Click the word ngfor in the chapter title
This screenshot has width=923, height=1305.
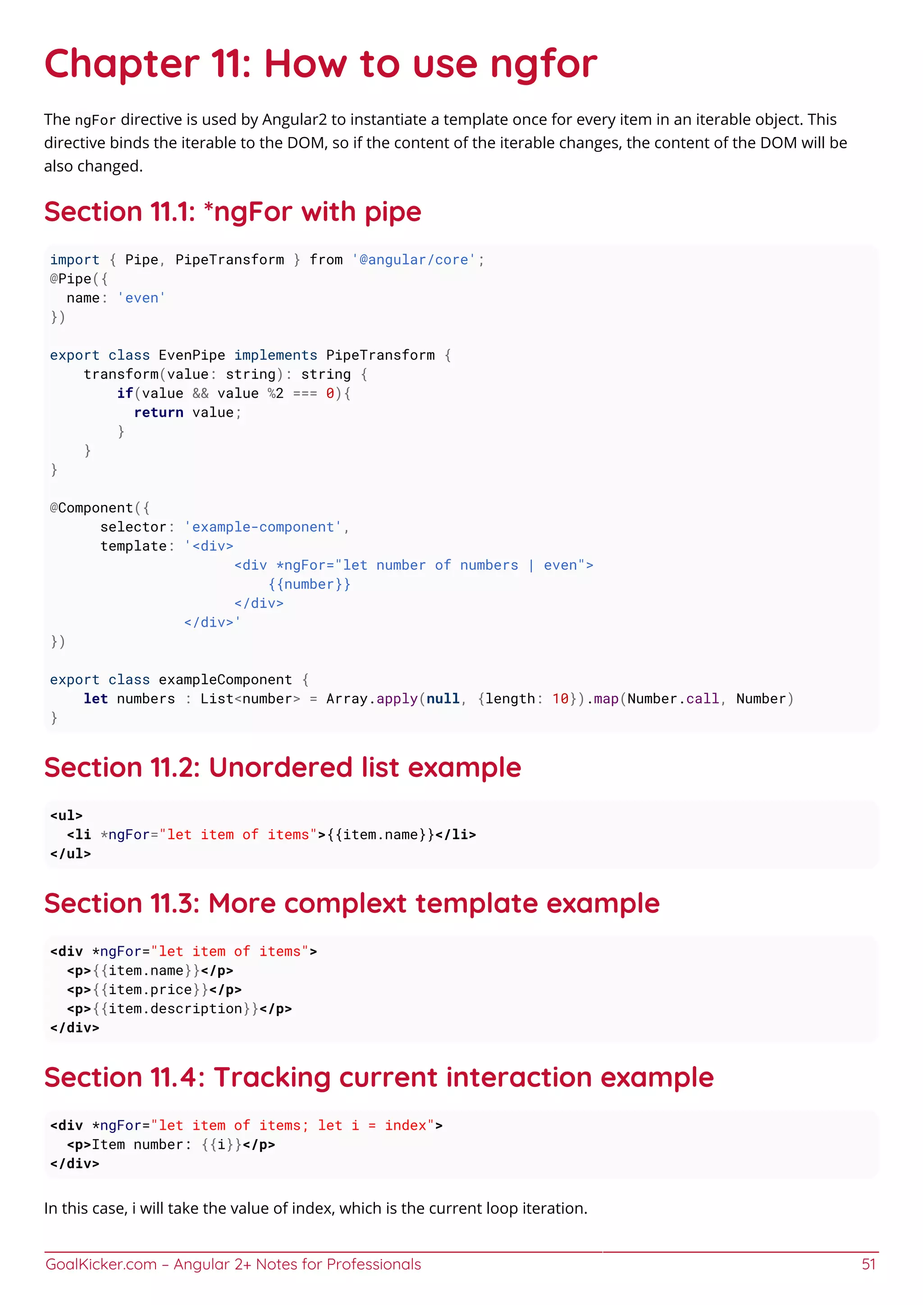544,65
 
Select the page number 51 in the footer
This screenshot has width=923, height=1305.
868,1264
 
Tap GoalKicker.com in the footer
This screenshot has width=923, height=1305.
101,1264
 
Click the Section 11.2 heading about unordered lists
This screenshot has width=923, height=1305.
283,767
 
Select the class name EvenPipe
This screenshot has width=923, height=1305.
192,355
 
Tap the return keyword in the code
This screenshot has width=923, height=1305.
159,413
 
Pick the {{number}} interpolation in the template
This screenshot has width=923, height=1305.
309,584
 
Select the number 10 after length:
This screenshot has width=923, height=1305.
560,698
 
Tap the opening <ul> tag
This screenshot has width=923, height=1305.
67,816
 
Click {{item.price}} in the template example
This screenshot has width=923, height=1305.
150,990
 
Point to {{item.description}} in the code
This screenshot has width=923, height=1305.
175,1009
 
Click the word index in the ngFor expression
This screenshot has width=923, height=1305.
405,1125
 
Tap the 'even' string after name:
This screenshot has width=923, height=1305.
142,298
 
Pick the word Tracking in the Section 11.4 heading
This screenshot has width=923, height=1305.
272,1077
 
